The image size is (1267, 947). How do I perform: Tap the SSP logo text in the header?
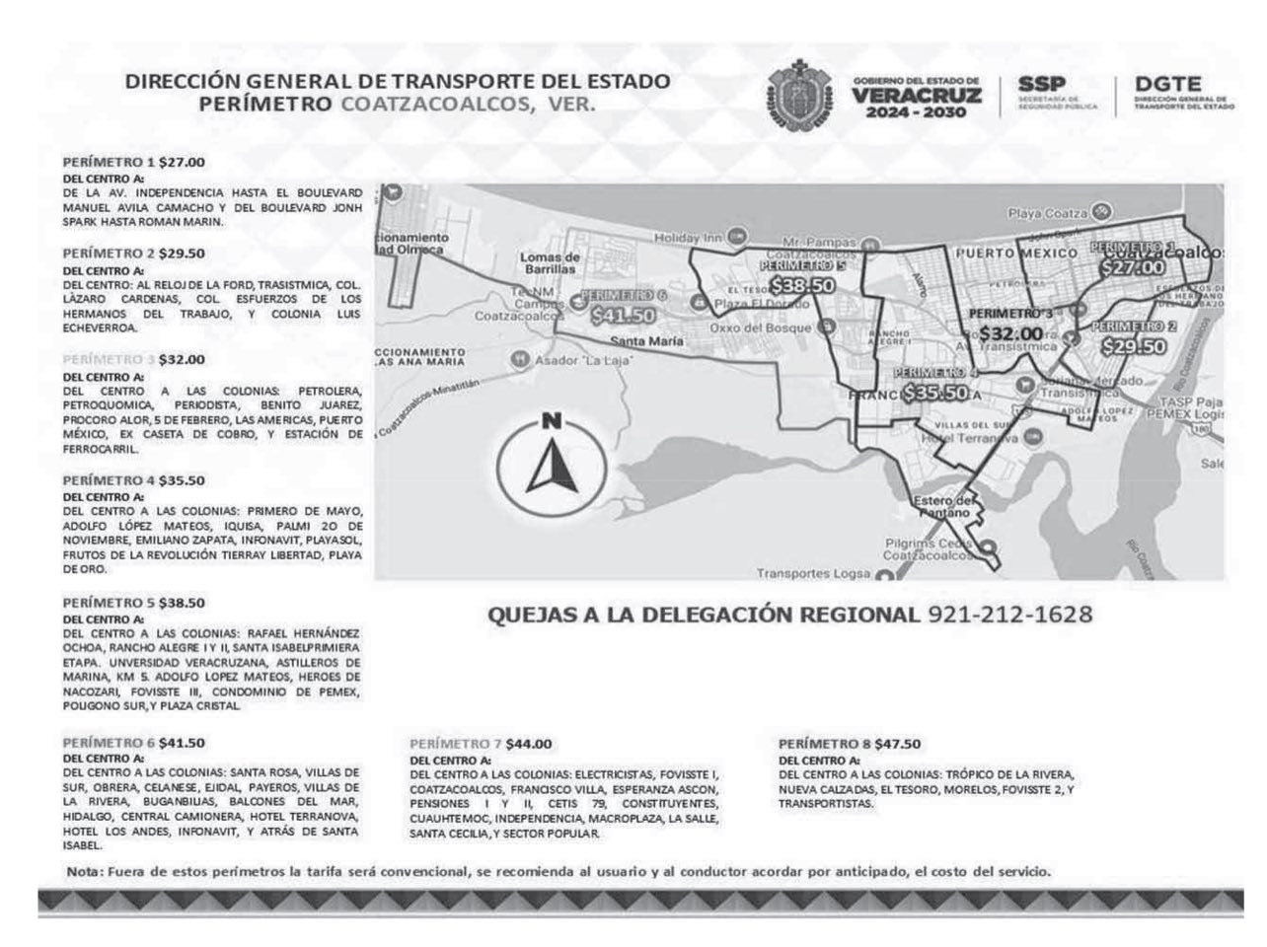(x=1042, y=86)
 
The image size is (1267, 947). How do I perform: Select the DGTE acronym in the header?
(x=1166, y=87)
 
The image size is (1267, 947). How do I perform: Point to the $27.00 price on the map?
(x=1133, y=266)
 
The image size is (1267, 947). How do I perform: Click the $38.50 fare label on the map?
(x=803, y=285)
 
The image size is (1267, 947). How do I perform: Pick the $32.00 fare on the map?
(x=1010, y=334)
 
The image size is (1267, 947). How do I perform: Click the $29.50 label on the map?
(x=1134, y=346)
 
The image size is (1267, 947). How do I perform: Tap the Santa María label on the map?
(x=646, y=341)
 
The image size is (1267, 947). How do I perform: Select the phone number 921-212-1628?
(x=1009, y=615)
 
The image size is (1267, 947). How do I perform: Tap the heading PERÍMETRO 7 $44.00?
(x=481, y=744)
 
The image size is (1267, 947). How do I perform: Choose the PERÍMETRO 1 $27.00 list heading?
(x=134, y=161)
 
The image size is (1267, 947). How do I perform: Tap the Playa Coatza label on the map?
(x=1047, y=213)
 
